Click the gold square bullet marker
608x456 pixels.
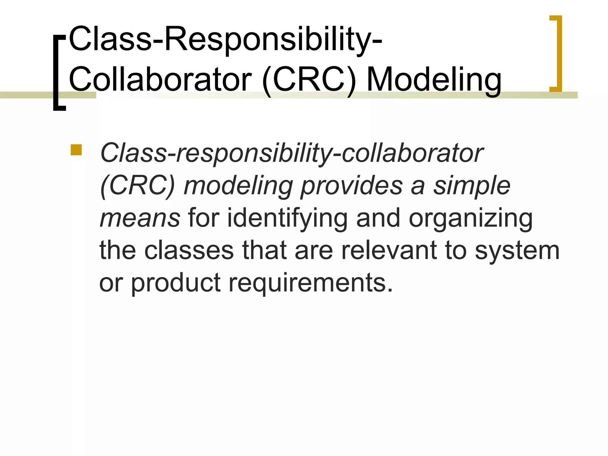coord(76,150)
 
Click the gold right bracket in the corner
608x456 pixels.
coord(556,53)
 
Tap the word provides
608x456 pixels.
coord(351,186)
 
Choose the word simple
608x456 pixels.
coord(472,186)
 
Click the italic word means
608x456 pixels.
coord(140,218)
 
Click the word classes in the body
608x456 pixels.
coord(189,251)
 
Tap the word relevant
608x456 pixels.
coord(389,251)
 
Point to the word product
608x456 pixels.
coord(176,283)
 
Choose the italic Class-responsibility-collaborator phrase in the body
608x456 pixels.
coord(292,154)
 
